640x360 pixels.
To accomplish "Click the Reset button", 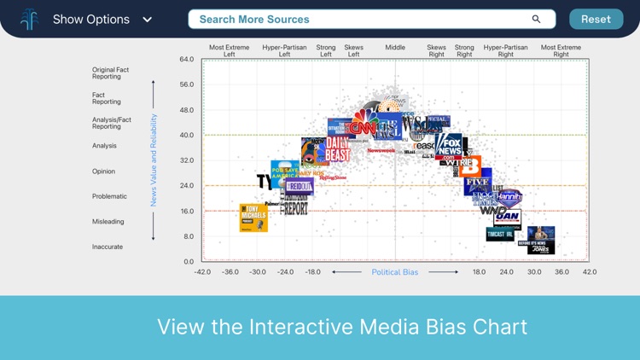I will (x=596, y=19).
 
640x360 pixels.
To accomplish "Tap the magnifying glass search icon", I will (x=536, y=19).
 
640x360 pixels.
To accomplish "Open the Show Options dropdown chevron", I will (x=148, y=20).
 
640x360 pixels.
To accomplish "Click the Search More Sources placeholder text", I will (x=254, y=19).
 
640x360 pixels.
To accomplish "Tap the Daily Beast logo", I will (x=337, y=149).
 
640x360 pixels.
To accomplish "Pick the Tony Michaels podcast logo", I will (x=253, y=218).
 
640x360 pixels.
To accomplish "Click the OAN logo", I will (x=507, y=218).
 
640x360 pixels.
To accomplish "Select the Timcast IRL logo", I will (x=500, y=234).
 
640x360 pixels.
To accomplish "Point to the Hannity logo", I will (x=509, y=198).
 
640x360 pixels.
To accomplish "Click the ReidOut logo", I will (x=300, y=186).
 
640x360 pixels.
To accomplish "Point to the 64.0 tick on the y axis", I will (x=186, y=60).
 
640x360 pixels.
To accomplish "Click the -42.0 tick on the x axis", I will (x=202, y=272).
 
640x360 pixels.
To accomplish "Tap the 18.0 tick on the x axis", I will (x=479, y=272).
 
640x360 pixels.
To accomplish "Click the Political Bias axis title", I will (x=394, y=272).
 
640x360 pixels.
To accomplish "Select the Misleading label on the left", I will (x=108, y=222).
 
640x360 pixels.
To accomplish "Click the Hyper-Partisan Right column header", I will (x=505, y=51).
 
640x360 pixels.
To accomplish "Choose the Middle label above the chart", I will (x=395, y=48).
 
